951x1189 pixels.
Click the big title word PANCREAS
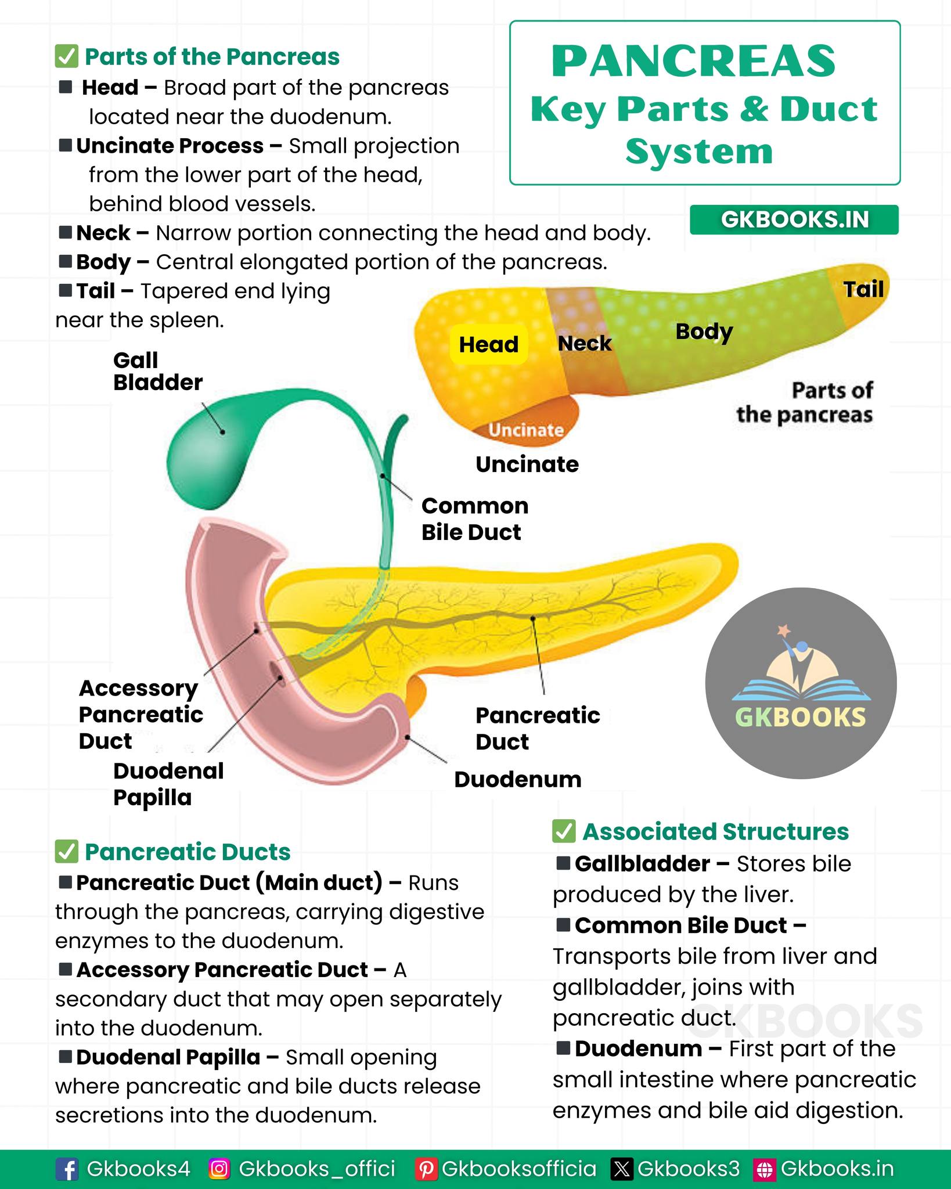694,62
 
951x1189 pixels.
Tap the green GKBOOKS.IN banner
794,219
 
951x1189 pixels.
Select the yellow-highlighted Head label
489,344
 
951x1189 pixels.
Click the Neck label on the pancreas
585,343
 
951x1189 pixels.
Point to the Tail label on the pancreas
863,289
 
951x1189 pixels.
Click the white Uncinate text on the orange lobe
526,430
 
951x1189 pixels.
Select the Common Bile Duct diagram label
475,519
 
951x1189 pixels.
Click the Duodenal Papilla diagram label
168,784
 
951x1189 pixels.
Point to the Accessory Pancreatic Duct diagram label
141,715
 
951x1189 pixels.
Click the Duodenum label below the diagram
518,779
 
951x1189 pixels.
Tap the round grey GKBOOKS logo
801,683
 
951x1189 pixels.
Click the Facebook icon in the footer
67,1169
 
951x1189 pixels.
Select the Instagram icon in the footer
219,1169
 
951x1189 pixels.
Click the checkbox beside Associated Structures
564,831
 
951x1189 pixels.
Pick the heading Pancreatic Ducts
188,852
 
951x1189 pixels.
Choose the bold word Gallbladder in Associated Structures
643,864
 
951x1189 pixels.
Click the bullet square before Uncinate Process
66,145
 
